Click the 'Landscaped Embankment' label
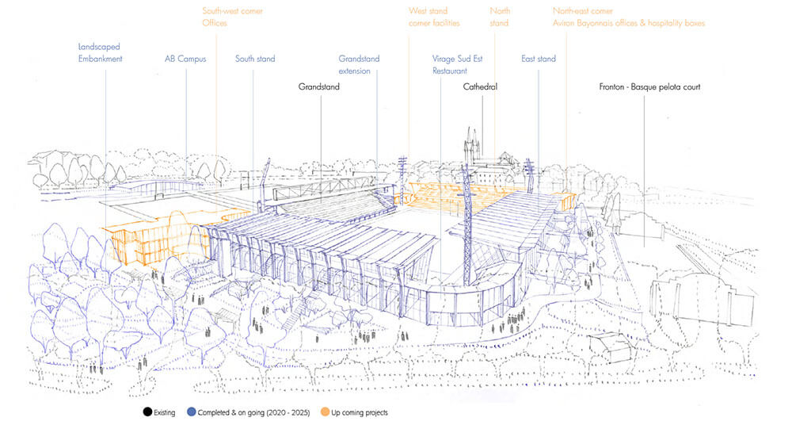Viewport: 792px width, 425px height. [x=100, y=53]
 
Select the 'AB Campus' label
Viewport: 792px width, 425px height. [x=185, y=59]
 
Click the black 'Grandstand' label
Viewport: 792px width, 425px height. [x=319, y=86]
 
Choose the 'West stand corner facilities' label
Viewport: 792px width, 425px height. [x=433, y=17]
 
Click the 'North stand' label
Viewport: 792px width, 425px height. [x=500, y=17]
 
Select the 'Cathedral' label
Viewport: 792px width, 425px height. [x=480, y=86]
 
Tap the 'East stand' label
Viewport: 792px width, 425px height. [x=539, y=59]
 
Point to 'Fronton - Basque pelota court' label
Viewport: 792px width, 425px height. [x=649, y=86]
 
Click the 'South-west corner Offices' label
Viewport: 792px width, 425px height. [x=232, y=17]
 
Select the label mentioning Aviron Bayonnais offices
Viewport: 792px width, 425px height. [x=629, y=23]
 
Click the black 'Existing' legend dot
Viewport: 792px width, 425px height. [x=147, y=412]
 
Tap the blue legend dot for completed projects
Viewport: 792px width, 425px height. [x=192, y=412]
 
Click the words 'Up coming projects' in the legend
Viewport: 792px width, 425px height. [x=358, y=412]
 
